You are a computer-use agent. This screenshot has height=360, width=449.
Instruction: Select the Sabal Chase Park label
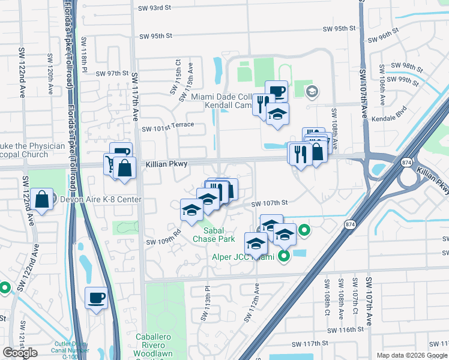(x=213, y=234)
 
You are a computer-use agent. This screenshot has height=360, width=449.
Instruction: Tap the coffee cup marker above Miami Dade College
(x=276, y=91)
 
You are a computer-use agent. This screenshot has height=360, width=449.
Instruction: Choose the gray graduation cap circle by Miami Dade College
(x=311, y=92)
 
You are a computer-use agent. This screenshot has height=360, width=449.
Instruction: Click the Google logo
(x=20, y=353)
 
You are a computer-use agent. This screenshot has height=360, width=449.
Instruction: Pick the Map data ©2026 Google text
(x=411, y=355)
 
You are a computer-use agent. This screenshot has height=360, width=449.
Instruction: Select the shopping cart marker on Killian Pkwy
(x=111, y=164)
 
